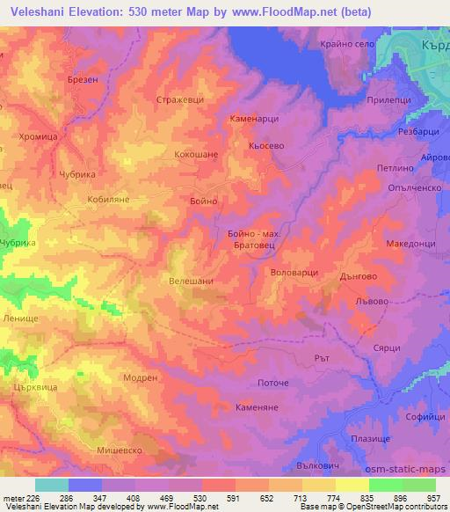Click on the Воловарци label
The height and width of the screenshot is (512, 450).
(294, 273)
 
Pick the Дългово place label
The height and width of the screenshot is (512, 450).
(358, 275)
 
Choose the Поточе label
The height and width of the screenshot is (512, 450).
(273, 384)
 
